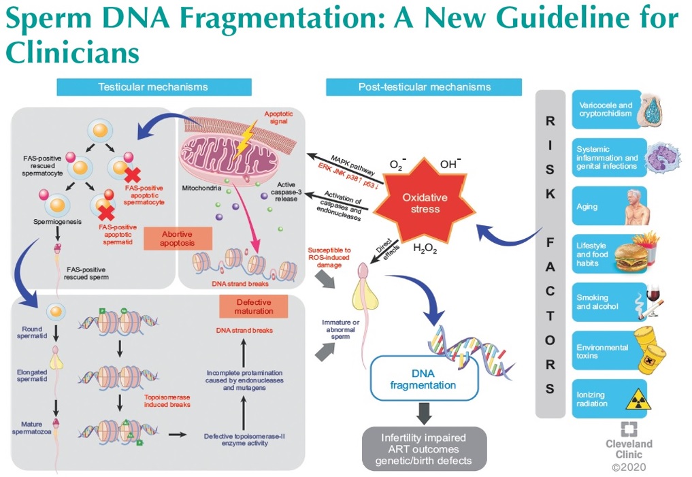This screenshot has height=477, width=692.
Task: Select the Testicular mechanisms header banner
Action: pyautogui.click(x=153, y=87)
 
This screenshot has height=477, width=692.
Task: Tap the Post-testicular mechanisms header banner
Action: pyautogui.click(x=424, y=87)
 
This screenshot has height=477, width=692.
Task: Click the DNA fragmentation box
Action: pyautogui.click(x=423, y=380)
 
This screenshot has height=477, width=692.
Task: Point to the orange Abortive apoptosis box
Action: pyautogui.click(x=177, y=238)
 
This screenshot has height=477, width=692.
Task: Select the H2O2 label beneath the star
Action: pyautogui.click(x=425, y=248)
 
